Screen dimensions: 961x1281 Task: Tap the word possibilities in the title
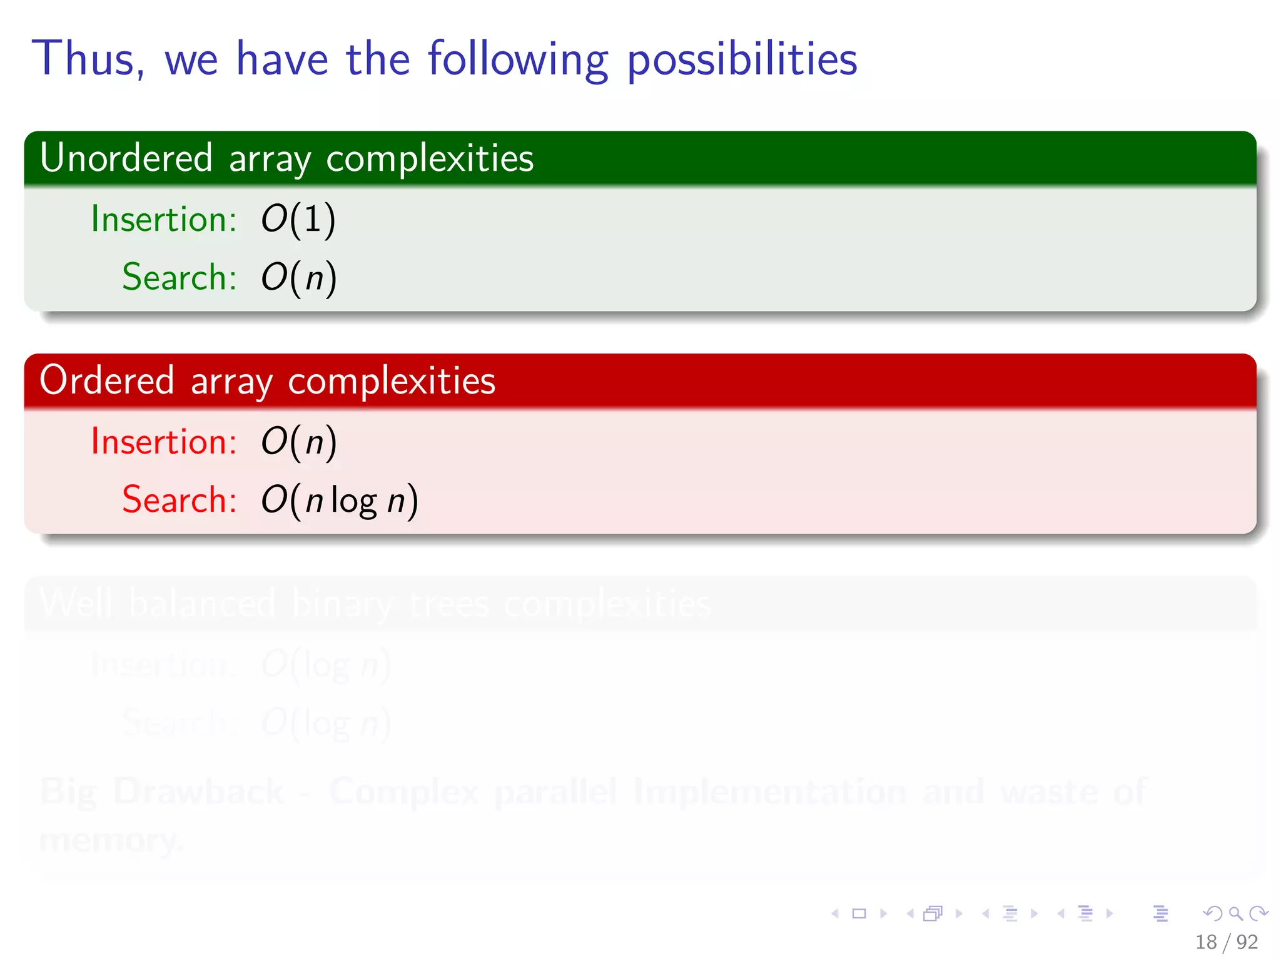click(x=742, y=59)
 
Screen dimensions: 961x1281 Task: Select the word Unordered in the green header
click(x=126, y=158)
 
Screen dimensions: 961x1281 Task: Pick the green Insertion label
click(x=163, y=219)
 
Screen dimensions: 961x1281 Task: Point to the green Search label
click(x=179, y=277)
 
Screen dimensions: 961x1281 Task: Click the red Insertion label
click(x=163, y=442)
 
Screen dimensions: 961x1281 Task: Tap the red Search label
click(x=179, y=500)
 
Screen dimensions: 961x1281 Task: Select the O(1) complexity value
click(x=298, y=220)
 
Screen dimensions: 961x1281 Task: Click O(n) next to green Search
click(x=298, y=278)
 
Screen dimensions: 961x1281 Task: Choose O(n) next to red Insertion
click(x=298, y=442)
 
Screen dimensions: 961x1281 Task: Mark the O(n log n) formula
click(x=339, y=501)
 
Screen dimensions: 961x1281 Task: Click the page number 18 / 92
click(x=1226, y=942)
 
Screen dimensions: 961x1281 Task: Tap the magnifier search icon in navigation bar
click(x=1235, y=913)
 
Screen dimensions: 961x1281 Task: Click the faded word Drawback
click(x=198, y=791)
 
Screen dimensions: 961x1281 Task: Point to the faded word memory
click(x=111, y=840)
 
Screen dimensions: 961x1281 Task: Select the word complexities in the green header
click(x=430, y=158)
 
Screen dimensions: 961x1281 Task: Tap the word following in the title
click(x=518, y=59)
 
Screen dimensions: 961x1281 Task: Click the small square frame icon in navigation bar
click(x=859, y=913)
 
